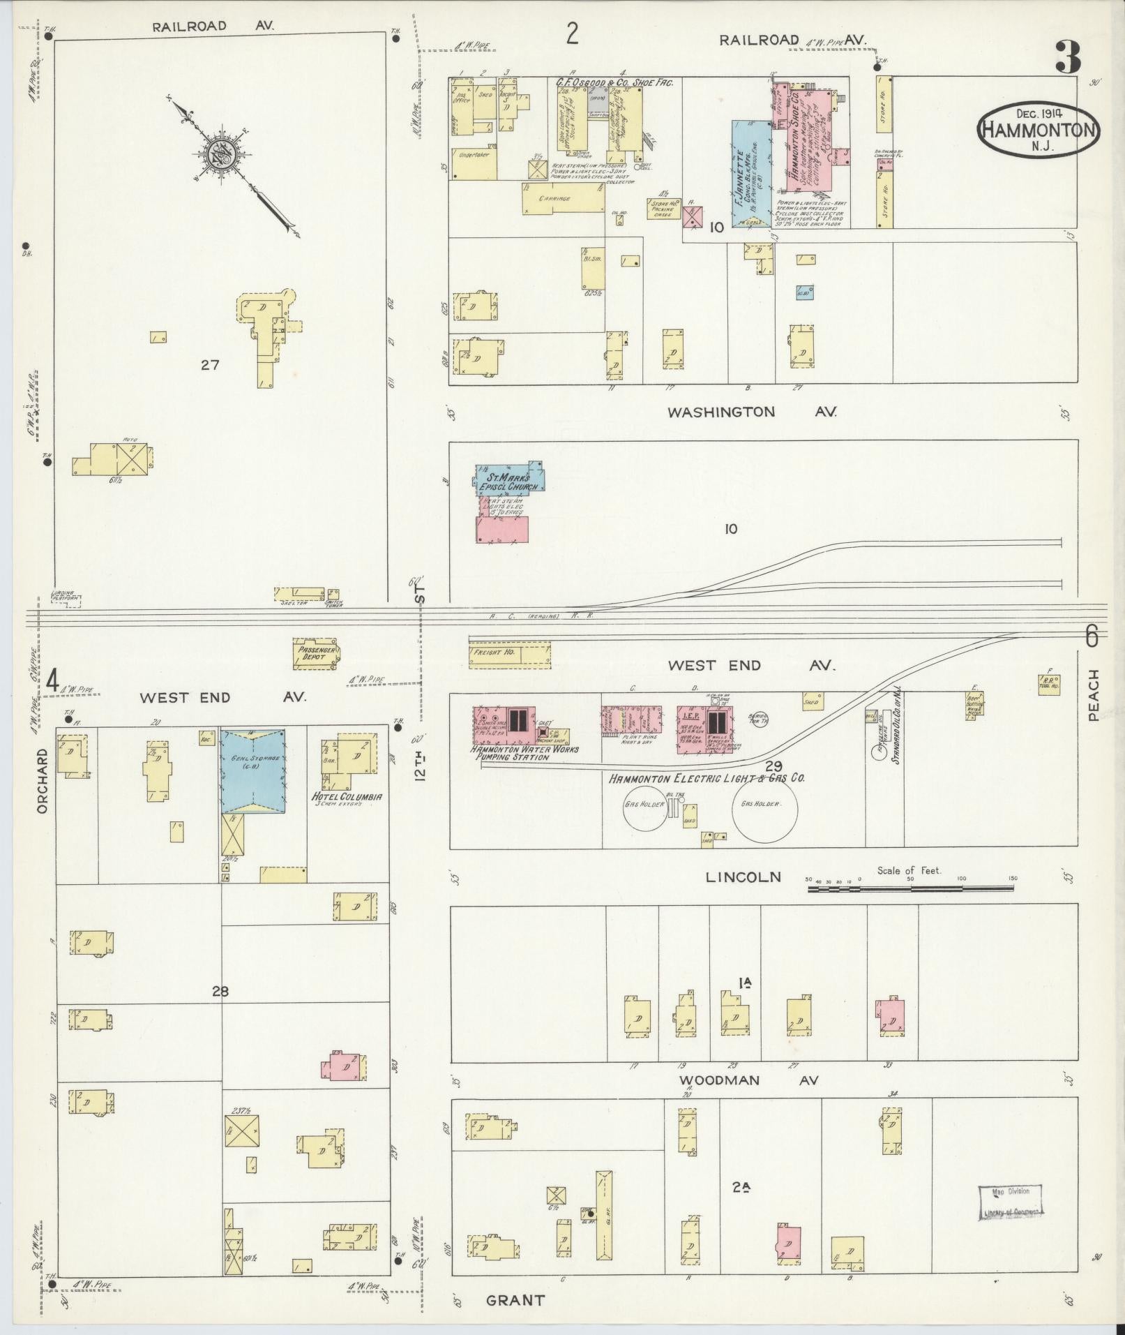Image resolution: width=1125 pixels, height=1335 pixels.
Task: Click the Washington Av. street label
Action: pos(751,412)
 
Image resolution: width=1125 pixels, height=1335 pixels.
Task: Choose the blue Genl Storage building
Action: pos(253,770)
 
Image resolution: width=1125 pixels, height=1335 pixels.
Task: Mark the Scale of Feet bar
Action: pos(910,888)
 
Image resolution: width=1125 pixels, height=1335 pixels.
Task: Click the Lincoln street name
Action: pos(743,877)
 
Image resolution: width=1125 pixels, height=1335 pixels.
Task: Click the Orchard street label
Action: pos(43,781)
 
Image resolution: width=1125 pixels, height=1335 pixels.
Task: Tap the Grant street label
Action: pos(515,1300)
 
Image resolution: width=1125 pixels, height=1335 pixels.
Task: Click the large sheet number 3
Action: pos(1067,58)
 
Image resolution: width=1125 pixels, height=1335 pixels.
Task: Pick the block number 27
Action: pos(210,364)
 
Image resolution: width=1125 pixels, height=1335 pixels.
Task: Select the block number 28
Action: pos(220,991)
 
